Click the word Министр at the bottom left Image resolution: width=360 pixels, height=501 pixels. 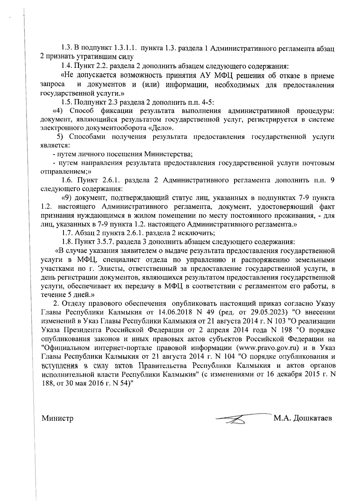click(58, 418)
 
